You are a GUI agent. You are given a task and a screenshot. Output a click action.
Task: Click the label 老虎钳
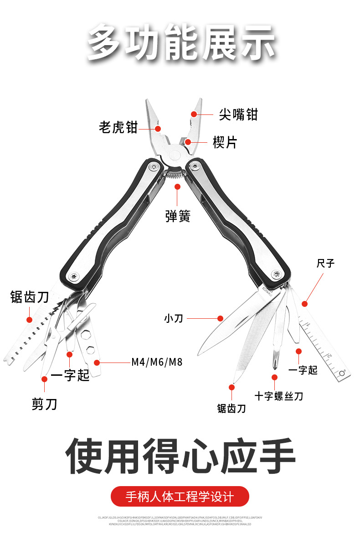pos(118,127)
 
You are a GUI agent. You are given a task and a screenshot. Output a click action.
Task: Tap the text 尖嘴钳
pos(238,114)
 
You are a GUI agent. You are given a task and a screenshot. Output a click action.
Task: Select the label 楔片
pos(225,142)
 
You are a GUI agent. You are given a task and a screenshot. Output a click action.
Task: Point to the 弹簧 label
pos(177,216)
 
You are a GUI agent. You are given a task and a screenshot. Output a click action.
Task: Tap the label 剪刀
pos(45,404)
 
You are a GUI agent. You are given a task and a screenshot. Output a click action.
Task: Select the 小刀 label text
pos(173,318)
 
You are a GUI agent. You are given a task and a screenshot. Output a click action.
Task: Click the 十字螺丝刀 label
pos(279,396)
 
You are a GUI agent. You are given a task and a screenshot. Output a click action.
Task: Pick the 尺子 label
pos(325,264)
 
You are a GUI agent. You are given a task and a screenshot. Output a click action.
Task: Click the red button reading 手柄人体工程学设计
pos(180,496)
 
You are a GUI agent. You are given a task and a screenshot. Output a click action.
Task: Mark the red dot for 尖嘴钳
pos(194,114)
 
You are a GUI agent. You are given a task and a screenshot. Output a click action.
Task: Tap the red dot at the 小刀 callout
pos(220,318)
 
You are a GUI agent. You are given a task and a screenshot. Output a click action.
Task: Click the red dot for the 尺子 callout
pos(304,304)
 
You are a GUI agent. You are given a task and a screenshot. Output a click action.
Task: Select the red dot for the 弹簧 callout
pos(177,186)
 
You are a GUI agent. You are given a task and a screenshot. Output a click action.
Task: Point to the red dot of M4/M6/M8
pos(97,363)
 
